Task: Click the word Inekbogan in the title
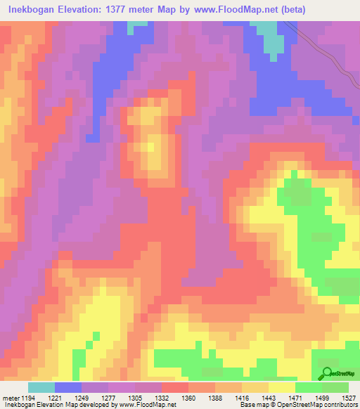(x=35, y=10)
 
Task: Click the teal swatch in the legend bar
(x=41, y=387)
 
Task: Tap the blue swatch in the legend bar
(x=68, y=387)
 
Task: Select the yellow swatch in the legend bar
(x=282, y=387)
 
